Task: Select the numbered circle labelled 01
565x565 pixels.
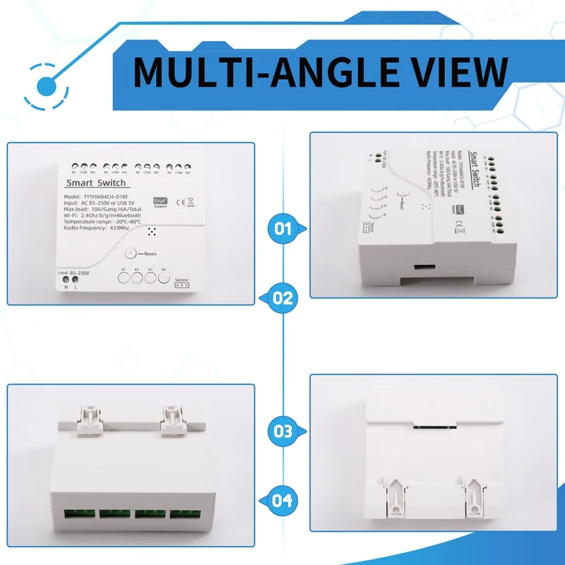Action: pos(283,229)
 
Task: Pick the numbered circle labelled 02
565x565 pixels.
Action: pos(283,297)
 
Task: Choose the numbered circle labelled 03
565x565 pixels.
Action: pos(283,430)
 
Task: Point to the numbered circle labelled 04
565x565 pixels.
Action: pos(283,500)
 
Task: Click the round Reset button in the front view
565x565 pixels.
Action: pos(129,253)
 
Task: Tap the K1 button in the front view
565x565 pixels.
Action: pos(124,278)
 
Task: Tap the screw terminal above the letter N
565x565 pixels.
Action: pos(66,279)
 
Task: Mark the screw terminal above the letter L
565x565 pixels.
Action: pos(75,279)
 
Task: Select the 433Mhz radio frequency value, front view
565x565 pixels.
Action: pos(119,227)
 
